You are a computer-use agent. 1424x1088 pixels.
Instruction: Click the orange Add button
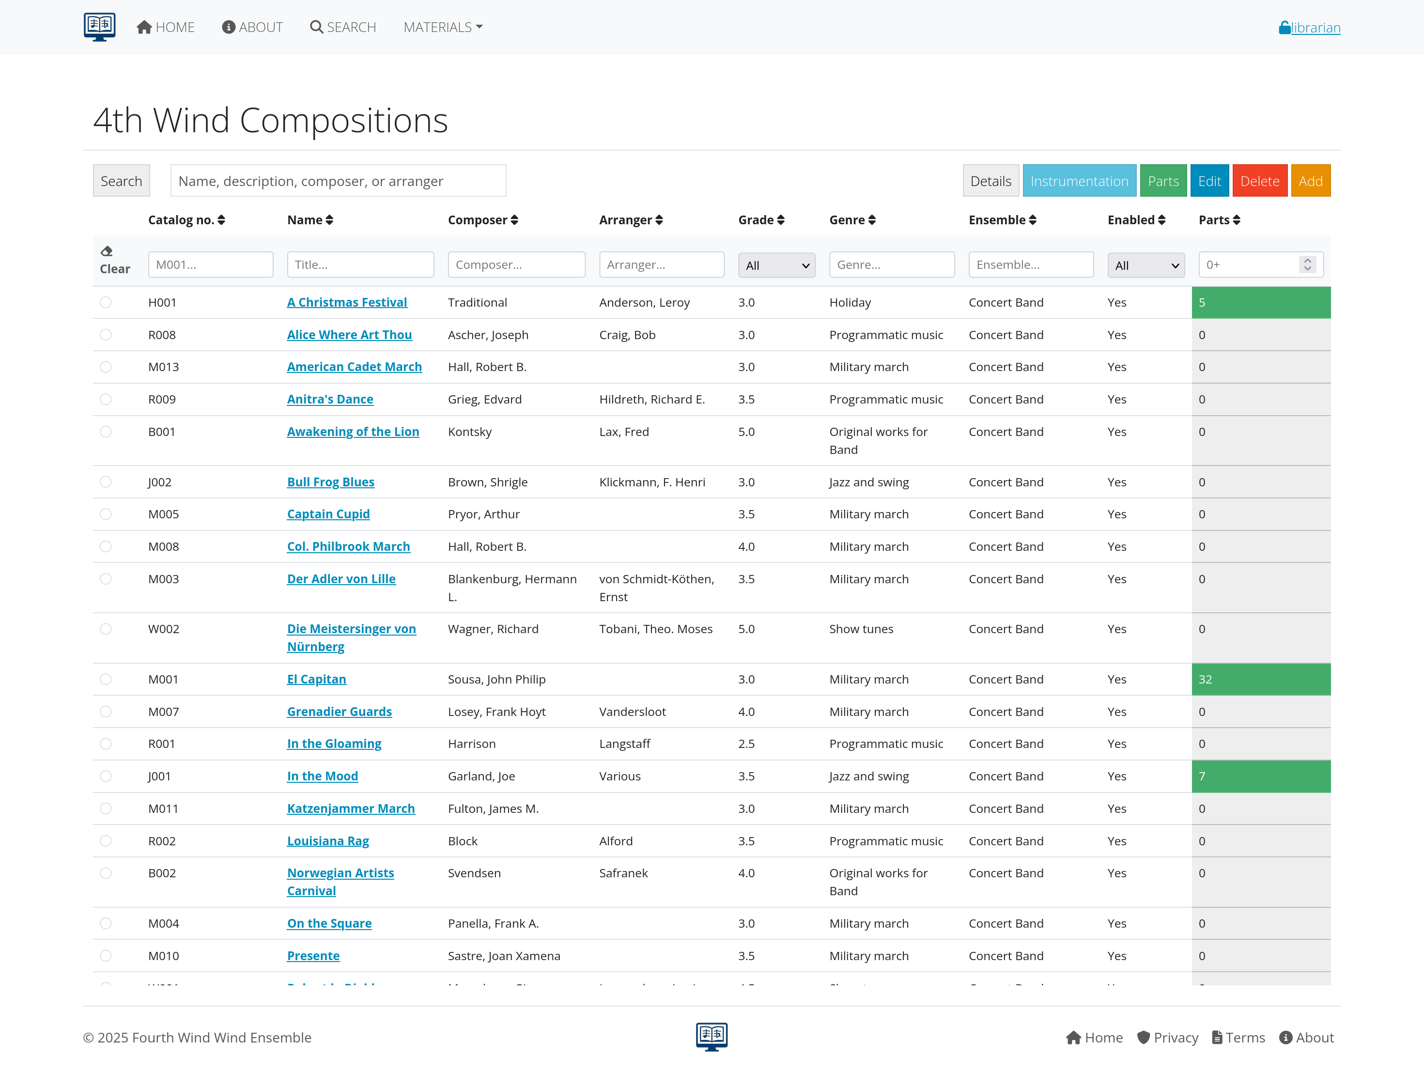[x=1310, y=181]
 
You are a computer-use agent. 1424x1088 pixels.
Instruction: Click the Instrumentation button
[x=1079, y=181]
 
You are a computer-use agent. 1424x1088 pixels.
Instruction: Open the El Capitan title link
[x=317, y=679]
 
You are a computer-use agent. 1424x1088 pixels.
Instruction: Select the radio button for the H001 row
[x=106, y=302]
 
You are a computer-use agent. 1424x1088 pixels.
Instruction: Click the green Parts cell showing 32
[x=1260, y=679]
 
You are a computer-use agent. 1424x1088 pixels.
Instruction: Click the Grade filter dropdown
[x=776, y=265]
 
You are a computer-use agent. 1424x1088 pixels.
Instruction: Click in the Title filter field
[x=360, y=264]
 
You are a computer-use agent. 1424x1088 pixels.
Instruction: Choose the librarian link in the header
[x=1315, y=27]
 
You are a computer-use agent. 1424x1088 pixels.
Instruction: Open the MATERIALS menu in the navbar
[x=443, y=27]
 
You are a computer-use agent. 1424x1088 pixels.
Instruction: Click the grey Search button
[x=121, y=181]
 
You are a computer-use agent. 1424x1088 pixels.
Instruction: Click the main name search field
[x=338, y=181]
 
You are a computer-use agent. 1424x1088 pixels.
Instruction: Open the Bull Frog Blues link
[x=330, y=482]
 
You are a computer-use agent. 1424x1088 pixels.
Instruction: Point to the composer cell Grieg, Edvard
[x=484, y=399]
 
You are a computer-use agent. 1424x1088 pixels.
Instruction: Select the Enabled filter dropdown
[x=1145, y=265]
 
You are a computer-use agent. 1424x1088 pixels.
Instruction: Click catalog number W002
[x=163, y=629]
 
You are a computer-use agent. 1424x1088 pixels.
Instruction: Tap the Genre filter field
[x=891, y=264]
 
